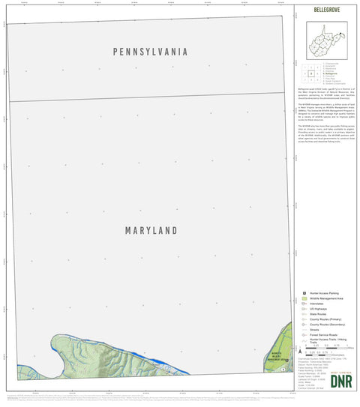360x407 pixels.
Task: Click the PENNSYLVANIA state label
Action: click(x=150, y=52)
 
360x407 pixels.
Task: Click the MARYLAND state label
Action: click(x=151, y=230)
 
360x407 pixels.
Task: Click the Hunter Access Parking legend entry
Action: click(x=325, y=293)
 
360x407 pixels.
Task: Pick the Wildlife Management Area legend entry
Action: click(x=330, y=298)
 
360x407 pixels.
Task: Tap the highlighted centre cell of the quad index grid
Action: click(x=310, y=73)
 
